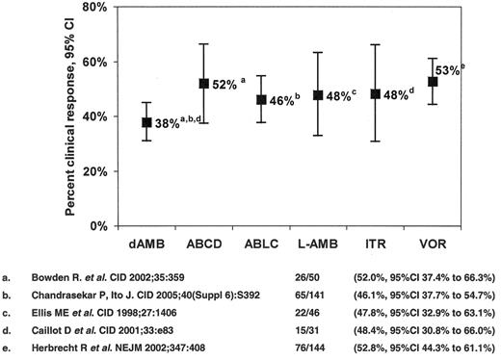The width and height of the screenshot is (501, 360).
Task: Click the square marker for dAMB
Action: (x=146, y=122)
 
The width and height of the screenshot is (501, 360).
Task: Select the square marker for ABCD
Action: (x=203, y=84)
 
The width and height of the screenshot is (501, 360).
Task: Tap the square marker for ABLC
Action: (x=260, y=99)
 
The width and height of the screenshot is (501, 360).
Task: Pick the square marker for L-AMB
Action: (x=318, y=95)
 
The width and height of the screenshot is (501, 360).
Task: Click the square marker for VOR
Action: (x=432, y=82)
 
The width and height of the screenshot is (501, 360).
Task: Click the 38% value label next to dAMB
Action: (x=170, y=123)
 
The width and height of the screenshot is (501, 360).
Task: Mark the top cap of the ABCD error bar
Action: (x=203, y=44)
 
